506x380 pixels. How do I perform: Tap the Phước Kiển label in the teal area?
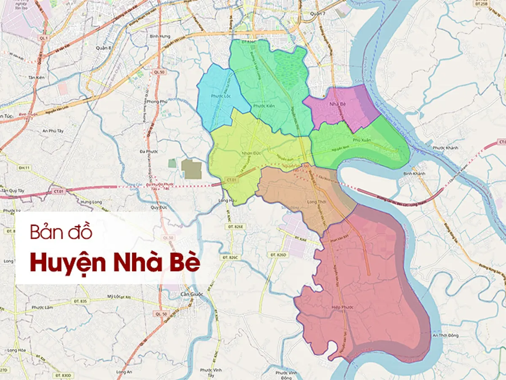[x=264, y=106]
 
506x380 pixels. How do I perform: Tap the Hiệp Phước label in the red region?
[x=342, y=308]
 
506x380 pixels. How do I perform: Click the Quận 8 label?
[x=103, y=48]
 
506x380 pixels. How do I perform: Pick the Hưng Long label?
[x=92, y=202]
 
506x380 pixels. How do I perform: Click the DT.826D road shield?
[x=278, y=255]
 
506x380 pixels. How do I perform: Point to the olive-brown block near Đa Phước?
[x=192, y=169]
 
